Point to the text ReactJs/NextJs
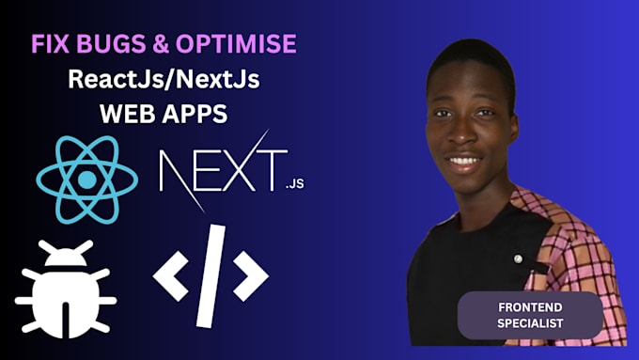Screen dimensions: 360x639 coord(164,80)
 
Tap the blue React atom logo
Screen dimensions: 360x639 coord(86,179)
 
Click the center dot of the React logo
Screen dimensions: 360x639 coord(86,179)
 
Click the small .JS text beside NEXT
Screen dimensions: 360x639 coord(296,188)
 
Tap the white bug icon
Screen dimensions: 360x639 coord(65,288)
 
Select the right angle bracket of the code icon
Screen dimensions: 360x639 coord(251,274)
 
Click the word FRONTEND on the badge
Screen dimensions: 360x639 coord(529,308)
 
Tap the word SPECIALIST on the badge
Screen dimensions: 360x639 coord(529,324)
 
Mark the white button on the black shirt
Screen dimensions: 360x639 coord(517,257)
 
